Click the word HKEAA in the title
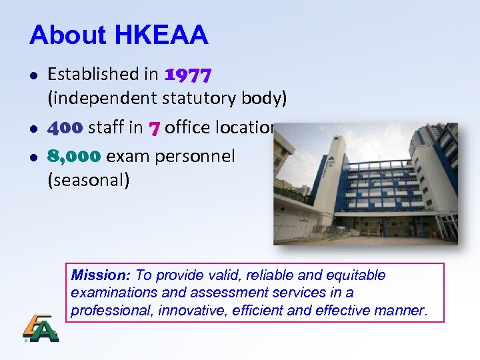click(161, 35)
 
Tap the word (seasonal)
click(89, 180)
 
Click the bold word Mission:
click(101, 275)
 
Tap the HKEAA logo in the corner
click(40, 328)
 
